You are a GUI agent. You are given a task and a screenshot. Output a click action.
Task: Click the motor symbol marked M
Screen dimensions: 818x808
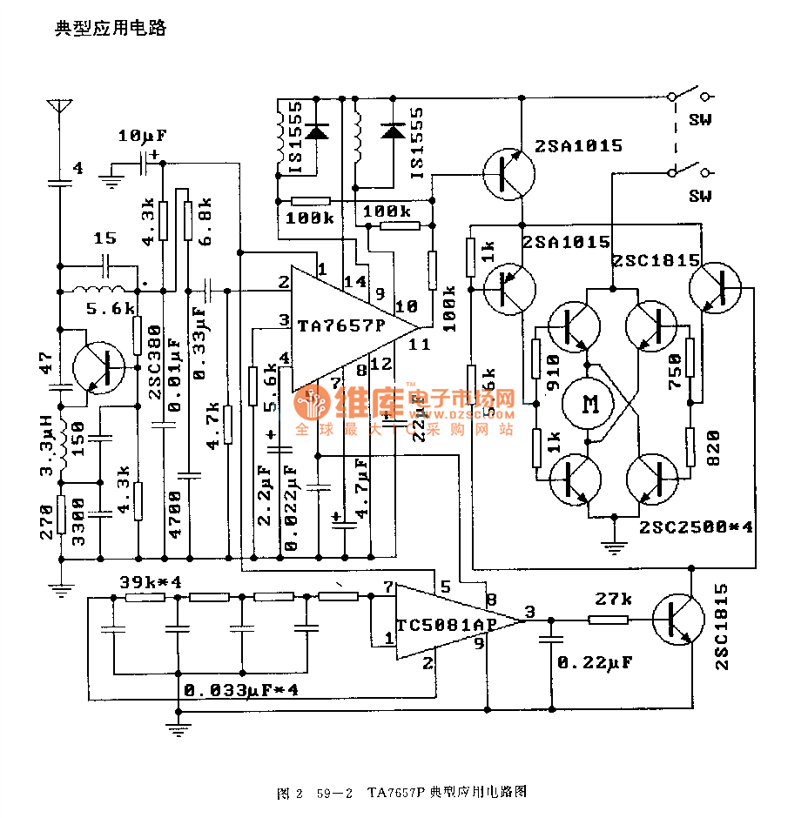tap(591, 404)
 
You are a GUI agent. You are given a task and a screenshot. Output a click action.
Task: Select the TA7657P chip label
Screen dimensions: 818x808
tap(341, 326)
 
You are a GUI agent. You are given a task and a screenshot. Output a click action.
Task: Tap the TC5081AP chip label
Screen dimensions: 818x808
tap(446, 625)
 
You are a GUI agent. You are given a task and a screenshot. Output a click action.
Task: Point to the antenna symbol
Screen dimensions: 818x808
tap(59, 109)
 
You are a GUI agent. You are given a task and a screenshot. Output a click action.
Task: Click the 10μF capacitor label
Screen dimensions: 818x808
tap(142, 137)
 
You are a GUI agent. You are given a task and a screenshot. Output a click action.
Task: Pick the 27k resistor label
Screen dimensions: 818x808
tap(613, 600)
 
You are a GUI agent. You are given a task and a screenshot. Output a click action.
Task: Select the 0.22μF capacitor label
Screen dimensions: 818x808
tap(595, 662)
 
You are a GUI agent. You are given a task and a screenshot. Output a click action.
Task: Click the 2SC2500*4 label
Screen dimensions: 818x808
tap(695, 527)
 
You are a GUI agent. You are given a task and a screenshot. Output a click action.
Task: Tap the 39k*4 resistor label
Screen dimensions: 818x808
tap(150, 582)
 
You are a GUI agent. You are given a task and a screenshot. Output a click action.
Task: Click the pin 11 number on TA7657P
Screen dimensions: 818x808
tap(419, 344)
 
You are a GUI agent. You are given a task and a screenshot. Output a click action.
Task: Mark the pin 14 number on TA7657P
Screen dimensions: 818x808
tap(355, 281)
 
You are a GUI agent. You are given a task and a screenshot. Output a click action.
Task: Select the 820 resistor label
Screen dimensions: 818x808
tap(714, 448)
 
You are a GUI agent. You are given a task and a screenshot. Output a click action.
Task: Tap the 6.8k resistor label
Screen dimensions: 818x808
tap(205, 213)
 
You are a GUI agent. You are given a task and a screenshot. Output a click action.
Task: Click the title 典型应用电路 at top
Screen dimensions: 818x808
tap(111, 28)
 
